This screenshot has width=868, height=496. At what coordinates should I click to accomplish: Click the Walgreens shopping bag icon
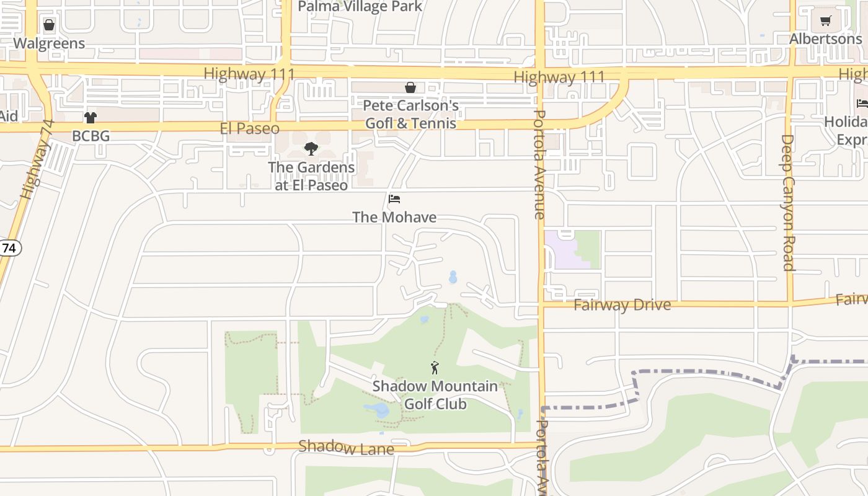[x=49, y=25]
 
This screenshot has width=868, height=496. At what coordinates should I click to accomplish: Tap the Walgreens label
[x=49, y=43]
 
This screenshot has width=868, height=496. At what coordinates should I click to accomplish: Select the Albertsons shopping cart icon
[x=825, y=21]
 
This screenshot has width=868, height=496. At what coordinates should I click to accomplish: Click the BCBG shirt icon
[x=91, y=118]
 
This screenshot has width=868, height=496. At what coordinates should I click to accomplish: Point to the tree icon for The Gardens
[x=311, y=149]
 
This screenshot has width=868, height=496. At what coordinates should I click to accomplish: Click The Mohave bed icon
[x=394, y=199]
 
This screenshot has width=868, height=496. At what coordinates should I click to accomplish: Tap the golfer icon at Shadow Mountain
[x=435, y=368]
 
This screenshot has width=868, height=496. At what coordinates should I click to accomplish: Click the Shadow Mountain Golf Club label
[x=435, y=395]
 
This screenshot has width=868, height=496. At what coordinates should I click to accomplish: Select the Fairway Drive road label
[x=622, y=305]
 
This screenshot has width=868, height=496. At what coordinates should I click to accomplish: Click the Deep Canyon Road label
[x=787, y=203]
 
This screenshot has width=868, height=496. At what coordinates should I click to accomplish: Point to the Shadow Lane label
[x=346, y=447]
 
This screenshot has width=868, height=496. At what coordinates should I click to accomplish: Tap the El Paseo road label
[x=249, y=128]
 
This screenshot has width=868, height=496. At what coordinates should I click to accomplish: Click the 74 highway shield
[x=9, y=248]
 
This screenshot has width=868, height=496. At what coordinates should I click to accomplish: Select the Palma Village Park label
[x=360, y=7]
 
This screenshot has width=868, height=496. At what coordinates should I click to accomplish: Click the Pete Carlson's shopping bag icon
[x=410, y=87]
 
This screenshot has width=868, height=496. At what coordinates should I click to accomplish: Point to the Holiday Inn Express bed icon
[x=862, y=103]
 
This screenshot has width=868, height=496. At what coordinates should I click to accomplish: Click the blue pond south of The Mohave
[x=453, y=277]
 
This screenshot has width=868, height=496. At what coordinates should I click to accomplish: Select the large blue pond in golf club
[x=378, y=409]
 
